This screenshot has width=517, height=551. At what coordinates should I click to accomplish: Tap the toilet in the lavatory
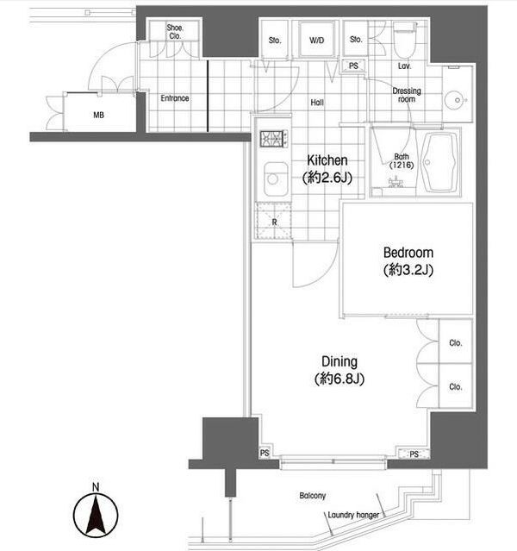click(x=405, y=41)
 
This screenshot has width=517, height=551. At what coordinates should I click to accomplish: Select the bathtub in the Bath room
click(x=439, y=162)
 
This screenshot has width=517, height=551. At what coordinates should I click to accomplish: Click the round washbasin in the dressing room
click(x=456, y=100)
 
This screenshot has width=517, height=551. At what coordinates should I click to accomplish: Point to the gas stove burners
click(x=274, y=139)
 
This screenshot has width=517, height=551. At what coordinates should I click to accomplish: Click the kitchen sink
click(x=276, y=178)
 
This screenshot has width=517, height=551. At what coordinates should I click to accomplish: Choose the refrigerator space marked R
click(x=274, y=222)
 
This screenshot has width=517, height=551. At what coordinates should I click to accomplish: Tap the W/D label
click(x=316, y=41)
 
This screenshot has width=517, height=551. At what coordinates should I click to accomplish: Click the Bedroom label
click(x=408, y=253)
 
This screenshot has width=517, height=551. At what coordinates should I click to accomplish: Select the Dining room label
click(x=339, y=361)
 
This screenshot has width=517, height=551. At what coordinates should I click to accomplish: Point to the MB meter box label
click(x=99, y=115)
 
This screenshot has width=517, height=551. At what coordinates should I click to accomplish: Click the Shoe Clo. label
click(x=175, y=32)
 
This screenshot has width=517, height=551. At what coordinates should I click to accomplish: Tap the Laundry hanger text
click(x=353, y=515)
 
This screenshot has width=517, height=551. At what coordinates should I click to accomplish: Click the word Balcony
click(x=313, y=496)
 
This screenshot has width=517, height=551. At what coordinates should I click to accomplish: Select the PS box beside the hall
click(x=353, y=66)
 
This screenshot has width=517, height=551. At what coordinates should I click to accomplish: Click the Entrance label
click(x=175, y=98)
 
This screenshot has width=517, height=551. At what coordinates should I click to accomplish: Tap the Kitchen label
click(x=327, y=160)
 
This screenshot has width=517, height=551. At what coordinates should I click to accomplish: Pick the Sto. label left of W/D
click(x=275, y=41)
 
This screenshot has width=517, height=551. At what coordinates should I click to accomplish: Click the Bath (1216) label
click(x=402, y=160)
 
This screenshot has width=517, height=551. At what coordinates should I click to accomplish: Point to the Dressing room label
click(x=407, y=95)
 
